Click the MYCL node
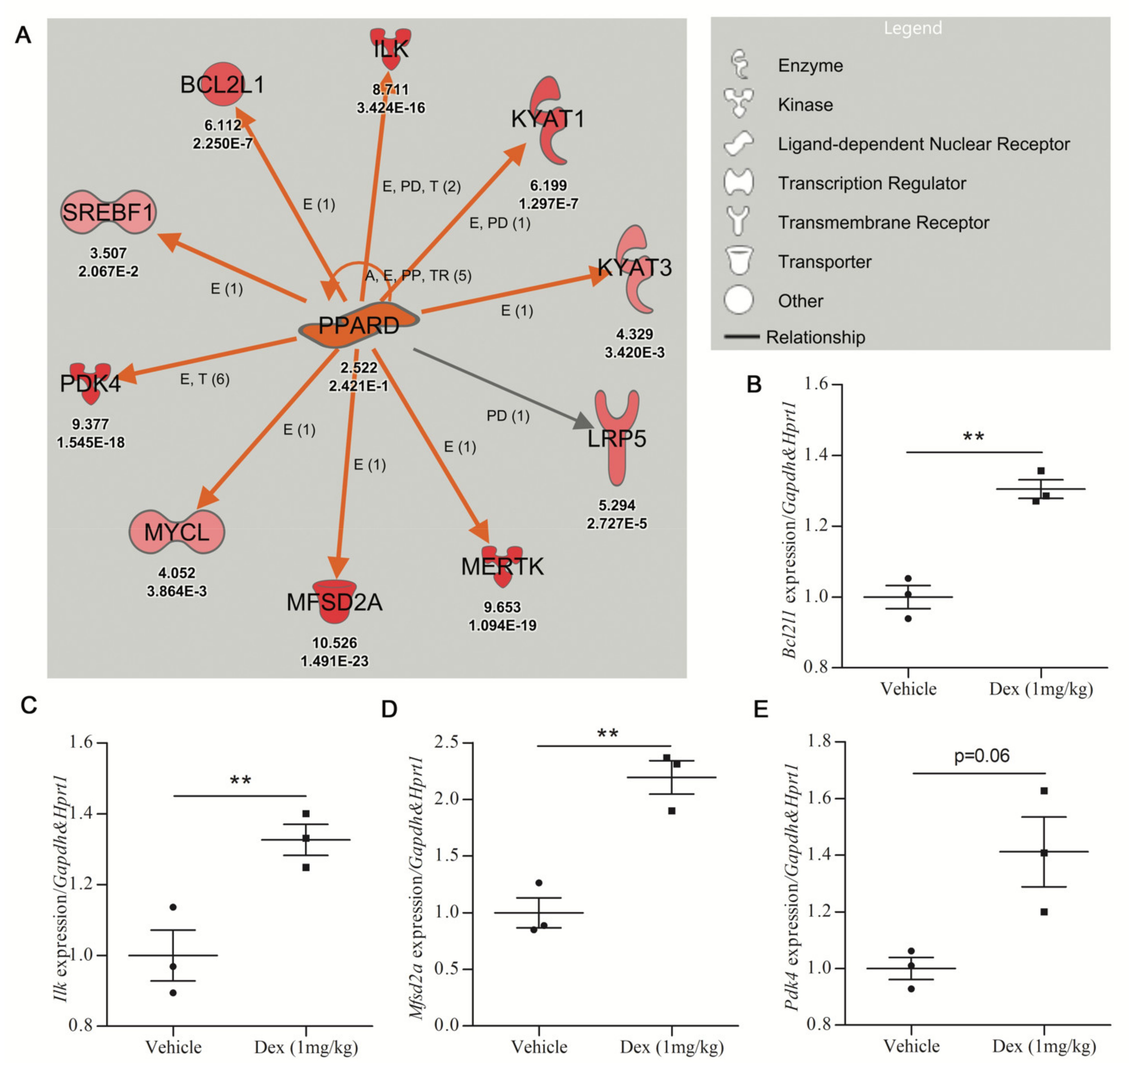point(177,532)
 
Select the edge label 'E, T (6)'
point(205,379)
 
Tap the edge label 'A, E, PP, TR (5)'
point(418,276)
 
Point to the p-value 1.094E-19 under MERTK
point(502,625)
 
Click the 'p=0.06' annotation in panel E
point(982,756)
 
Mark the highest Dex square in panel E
point(1044,791)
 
